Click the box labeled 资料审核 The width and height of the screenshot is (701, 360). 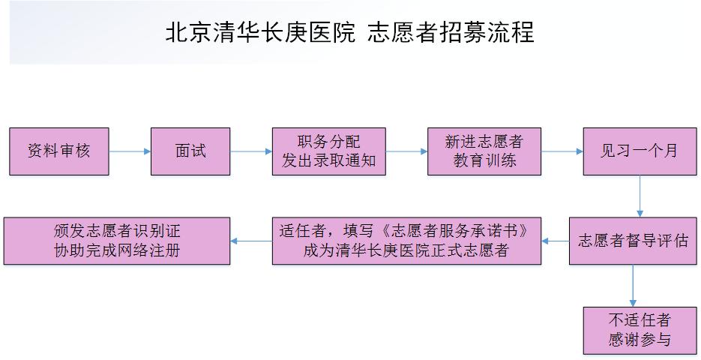pyautogui.click(x=59, y=151)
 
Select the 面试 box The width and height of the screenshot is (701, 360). pyautogui.click(x=190, y=151)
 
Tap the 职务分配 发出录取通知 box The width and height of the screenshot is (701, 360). pyautogui.click(x=328, y=151)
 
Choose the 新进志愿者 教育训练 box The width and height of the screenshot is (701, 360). pyautogui.click(x=484, y=151)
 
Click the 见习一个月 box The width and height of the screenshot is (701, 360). pyautogui.click(x=639, y=151)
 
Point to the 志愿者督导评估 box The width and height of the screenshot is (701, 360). pyautogui.click(x=633, y=241)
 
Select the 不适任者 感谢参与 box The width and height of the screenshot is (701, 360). pyautogui.click(x=639, y=330)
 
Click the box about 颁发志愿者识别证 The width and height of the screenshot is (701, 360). pyautogui.click(x=117, y=241)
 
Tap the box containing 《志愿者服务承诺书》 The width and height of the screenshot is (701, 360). pyautogui.click(x=406, y=241)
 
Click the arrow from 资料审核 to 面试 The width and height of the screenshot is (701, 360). pyautogui.click(x=130, y=151)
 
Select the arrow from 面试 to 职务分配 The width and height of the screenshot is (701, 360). pyautogui.click(x=251, y=151)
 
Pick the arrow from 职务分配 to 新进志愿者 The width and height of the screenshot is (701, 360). pyautogui.click(x=406, y=151)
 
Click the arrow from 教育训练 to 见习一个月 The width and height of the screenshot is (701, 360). pyautogui.click(x=562, y=151)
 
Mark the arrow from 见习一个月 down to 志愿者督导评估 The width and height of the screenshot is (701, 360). pyautogui.click(x=640, y=196)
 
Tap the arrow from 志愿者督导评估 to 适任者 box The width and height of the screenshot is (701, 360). pyautogui.click(x=555, y=241)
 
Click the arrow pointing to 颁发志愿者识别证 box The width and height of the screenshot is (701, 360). pyautogui.click(x=251, y=241)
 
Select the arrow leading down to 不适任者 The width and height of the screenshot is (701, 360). pyautogui.click(x=634, y=285)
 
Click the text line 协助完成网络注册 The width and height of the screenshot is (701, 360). pyautogui.click(x=117, y=250)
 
